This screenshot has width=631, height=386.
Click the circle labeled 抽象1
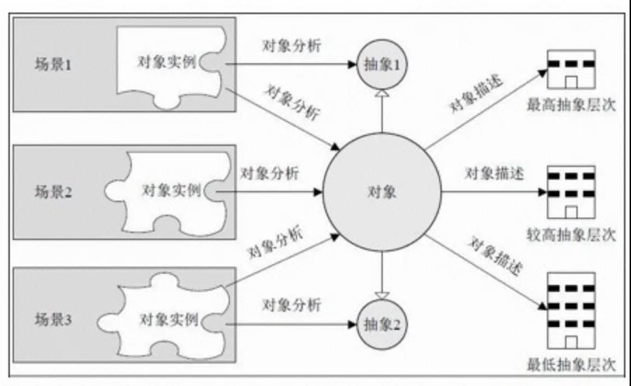click(382, 65)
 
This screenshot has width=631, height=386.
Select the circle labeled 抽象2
click(382, 324)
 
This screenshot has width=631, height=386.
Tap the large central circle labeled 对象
click(382, 192)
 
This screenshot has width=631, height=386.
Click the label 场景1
click(53, 65)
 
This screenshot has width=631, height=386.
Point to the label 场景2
click(53, 192)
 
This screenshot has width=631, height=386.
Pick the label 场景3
click(53, 319)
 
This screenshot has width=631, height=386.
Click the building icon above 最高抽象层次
click(571, 69)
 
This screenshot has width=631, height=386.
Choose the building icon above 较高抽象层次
click(571, 192)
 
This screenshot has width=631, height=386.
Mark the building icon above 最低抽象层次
click(571, 311)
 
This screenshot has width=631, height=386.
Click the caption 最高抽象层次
click(571, 105)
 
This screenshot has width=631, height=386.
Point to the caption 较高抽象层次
click(571, 234)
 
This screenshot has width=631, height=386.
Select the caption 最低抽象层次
click(571, 365)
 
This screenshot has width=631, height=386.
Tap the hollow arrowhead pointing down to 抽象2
click(382, 295)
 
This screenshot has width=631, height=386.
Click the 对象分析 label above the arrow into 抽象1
click(292, 45)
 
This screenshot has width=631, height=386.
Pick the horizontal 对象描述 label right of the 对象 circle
click(494, 173)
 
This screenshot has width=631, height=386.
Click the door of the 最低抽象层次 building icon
click(571, 342)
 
